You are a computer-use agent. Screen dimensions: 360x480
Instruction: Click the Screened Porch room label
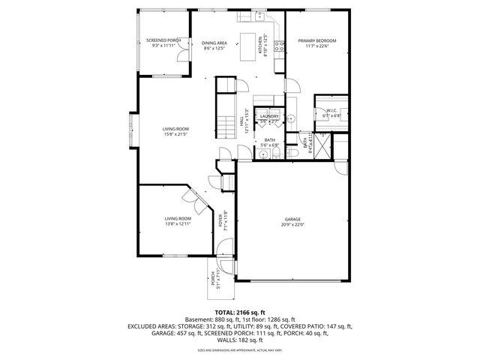click(x=163, y=40)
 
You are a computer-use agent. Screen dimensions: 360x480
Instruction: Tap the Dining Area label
click(x=214, y=43)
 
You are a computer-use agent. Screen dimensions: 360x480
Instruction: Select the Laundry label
click(x=269, y=116)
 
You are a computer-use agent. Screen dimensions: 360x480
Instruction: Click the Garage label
click(x=292, y=219)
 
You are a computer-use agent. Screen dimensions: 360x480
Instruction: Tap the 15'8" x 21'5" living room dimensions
click(x=175, y=135)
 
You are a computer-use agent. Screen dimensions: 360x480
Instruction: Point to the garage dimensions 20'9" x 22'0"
click(x=292, y=224)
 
